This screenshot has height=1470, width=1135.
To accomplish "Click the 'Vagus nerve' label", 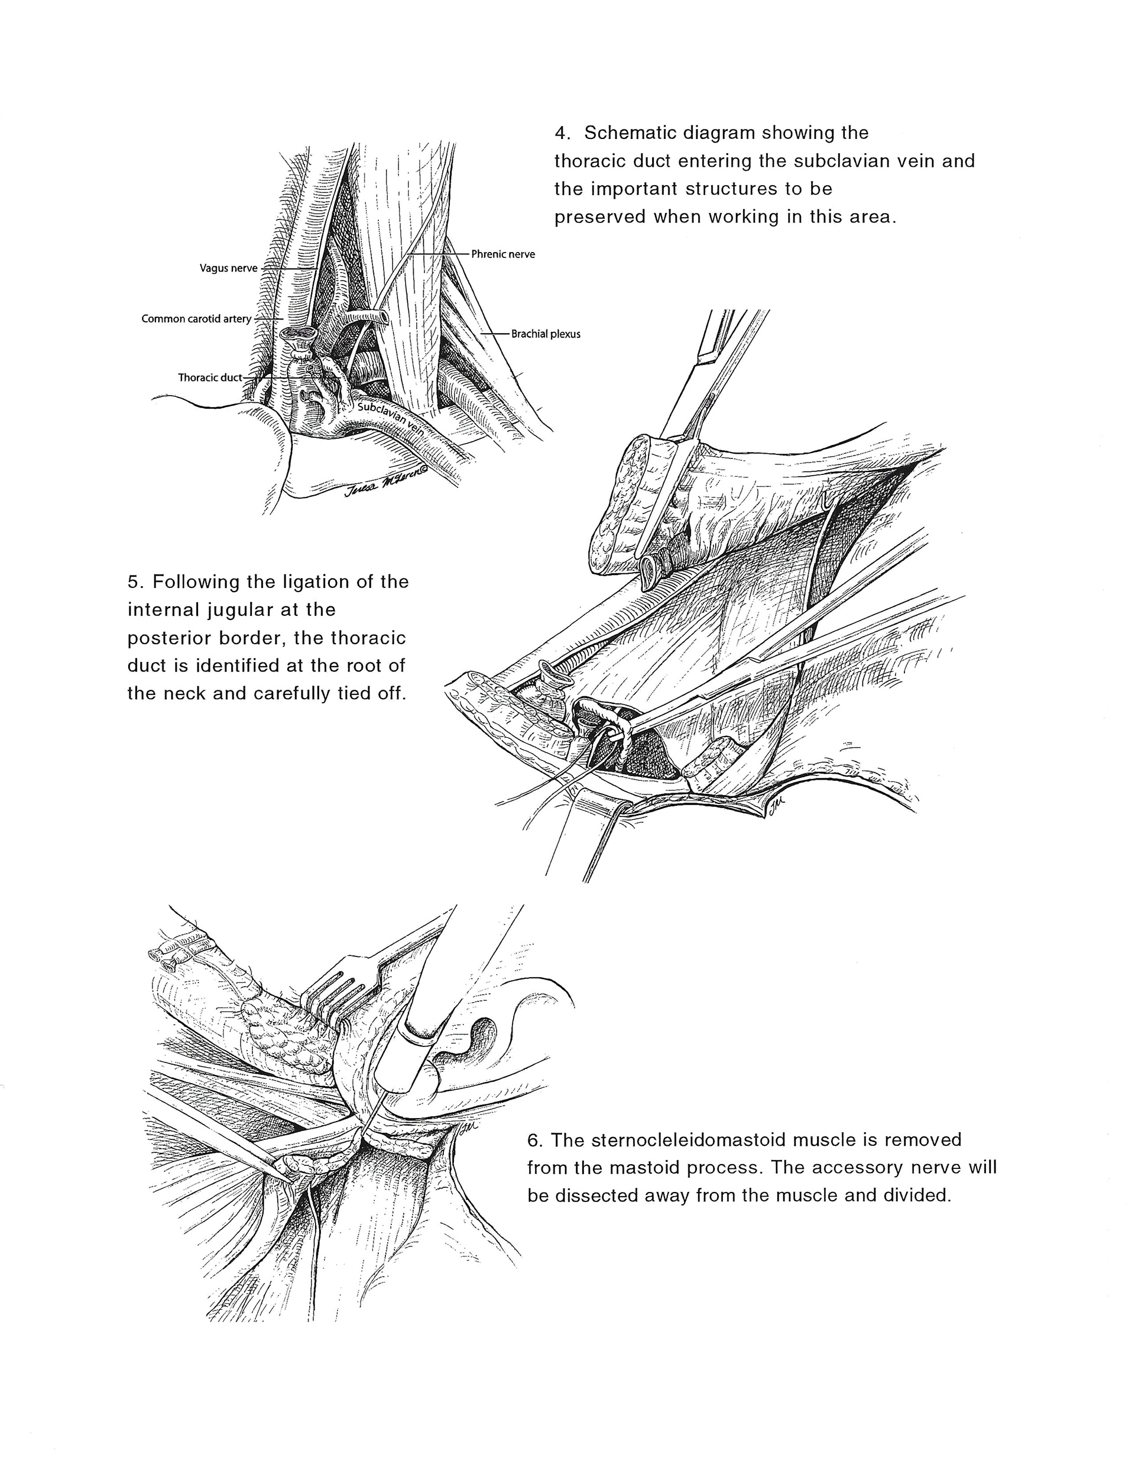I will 228,268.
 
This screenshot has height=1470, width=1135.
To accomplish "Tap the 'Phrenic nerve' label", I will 502,254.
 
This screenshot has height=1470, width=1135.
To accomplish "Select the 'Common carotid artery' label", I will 196,318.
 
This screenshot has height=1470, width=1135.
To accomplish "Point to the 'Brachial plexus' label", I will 545,333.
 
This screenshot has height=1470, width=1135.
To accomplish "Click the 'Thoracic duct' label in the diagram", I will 209,377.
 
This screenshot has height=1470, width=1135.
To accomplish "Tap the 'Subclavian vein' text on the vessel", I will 390,420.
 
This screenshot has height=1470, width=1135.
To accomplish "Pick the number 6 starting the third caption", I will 534,1139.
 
